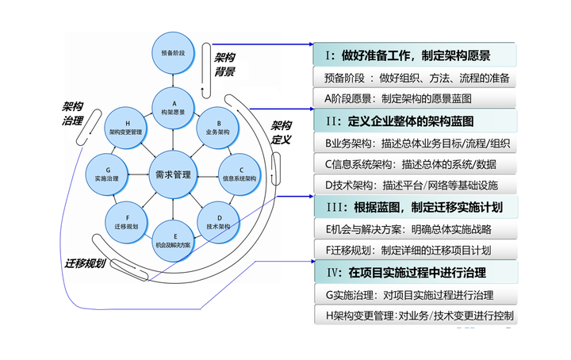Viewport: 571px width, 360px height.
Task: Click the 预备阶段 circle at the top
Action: pyautogui.click(x=173, y=53)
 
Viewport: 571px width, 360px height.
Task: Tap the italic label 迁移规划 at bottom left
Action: pyautogui.click(x=86, y=262)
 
